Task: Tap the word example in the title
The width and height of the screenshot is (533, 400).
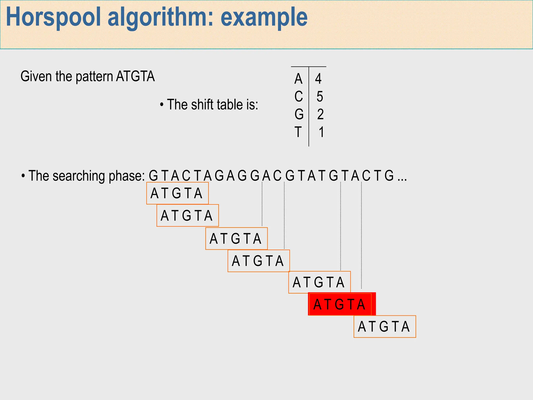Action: coord(264,17)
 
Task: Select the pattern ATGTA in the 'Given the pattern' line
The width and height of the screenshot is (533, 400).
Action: coord(135,77)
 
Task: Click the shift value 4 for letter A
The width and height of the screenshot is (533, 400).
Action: coord(318,79)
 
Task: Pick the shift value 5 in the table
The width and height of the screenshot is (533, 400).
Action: coord(320,97)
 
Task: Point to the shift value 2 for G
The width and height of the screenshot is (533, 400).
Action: coord(320,114)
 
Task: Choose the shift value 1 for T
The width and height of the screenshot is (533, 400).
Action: coord(321,132)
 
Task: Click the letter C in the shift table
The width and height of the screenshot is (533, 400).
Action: coord(299,97)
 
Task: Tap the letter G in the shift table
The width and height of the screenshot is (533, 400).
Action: coord(299,114)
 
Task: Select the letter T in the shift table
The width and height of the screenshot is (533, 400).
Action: coord(298,132)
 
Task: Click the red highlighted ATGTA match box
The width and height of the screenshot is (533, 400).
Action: coord(341,304)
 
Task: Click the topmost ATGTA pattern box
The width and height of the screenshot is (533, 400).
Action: coord(177,193)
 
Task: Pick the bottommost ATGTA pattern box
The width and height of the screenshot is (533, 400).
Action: coord(384,327)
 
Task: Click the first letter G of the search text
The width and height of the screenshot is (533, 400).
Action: coord(153,176)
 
